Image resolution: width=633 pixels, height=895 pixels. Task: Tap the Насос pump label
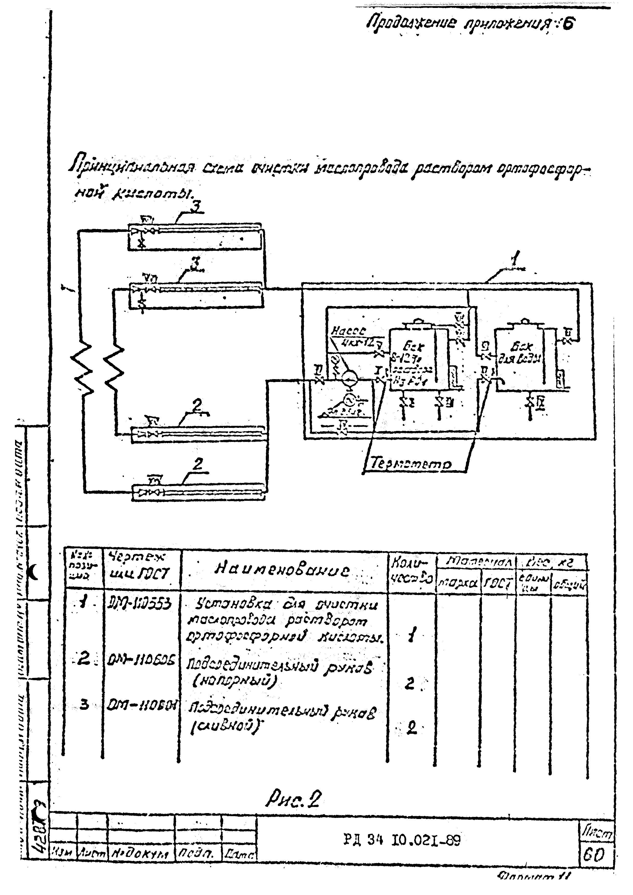(348, 331)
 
